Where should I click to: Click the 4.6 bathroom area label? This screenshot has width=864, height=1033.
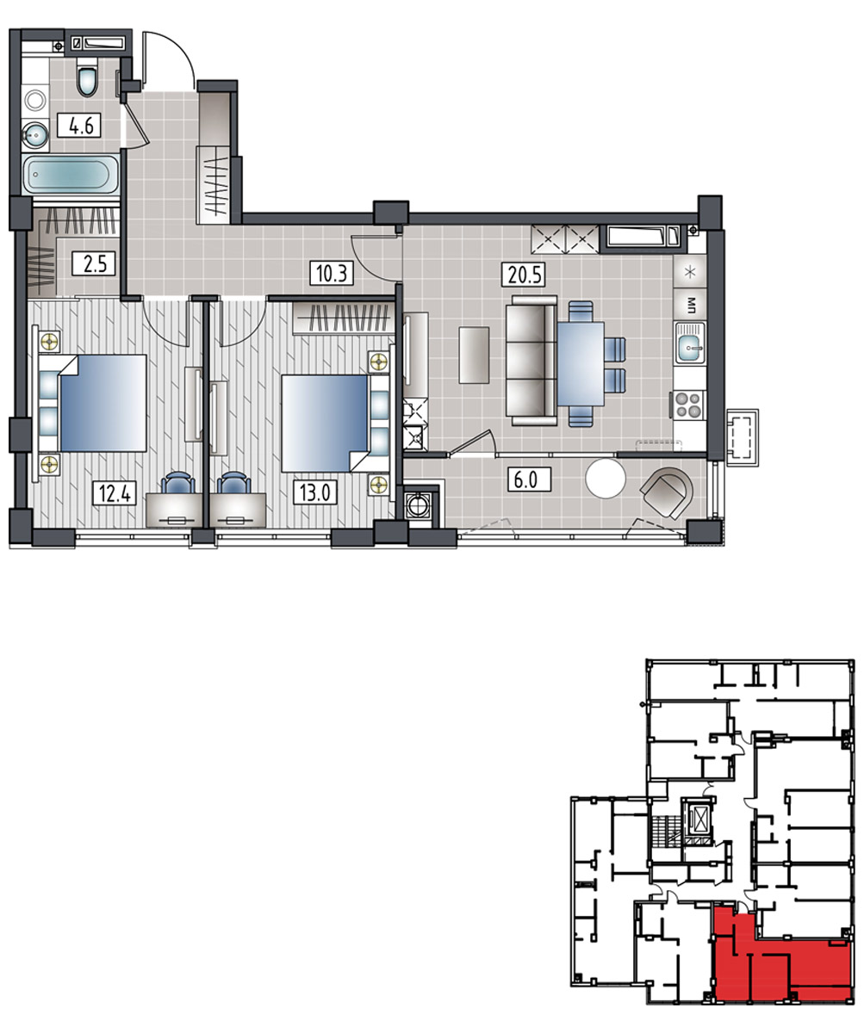(x=79, y=125)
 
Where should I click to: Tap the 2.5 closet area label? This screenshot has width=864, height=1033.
(x=94, y=263)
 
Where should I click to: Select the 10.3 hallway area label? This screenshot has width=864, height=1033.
(x=332, y=273)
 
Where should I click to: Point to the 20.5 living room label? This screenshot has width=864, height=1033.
(x=524, y=275)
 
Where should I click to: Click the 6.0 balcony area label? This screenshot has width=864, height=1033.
(x=529, y=479)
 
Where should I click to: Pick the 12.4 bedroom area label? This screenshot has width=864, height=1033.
(x=115, y=492)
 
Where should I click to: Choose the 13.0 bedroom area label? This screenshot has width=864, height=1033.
(x=315, y=492)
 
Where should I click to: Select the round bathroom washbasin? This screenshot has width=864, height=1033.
(x=35, y=134)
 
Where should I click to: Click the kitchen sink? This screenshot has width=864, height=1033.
(x=689, y=343)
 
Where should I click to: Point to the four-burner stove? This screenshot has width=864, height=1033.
(x=687, y=405)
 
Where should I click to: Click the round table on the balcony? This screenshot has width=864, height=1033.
(x=605, y=479)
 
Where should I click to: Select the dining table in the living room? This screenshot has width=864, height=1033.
(x=581, y=363)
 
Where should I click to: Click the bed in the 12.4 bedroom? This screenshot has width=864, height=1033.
(x=103, y=403)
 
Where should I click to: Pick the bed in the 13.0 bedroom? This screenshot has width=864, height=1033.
(x=325, y=424)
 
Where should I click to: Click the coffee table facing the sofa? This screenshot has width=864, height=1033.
(x=474, y=355)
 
